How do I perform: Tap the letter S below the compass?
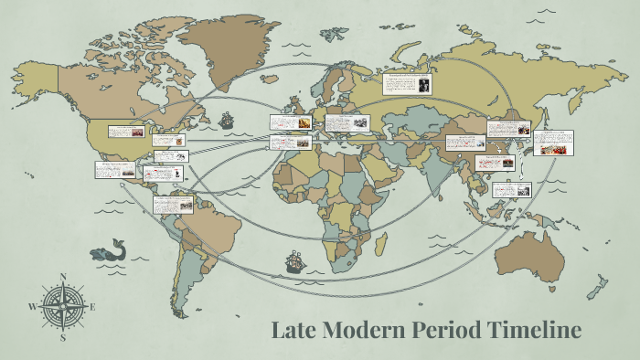pyautogui.click(x=63, y=337)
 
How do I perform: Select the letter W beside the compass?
pyautogui.click(x=32, y=307)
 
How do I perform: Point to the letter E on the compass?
pyautogui.click(x=92, y=307)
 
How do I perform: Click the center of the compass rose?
pyautogui.click(x=62, y=307)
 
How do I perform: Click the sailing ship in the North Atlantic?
pyautogui.click(x=226, y=120)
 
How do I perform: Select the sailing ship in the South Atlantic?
pyautogui.click(x=293, y=262)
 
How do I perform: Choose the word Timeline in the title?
pyautogui.click(x=535, y=330)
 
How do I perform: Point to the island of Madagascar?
pyautogui.click(x=381, y=246)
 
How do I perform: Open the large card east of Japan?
pyautogui.click(x=554, y=143)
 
